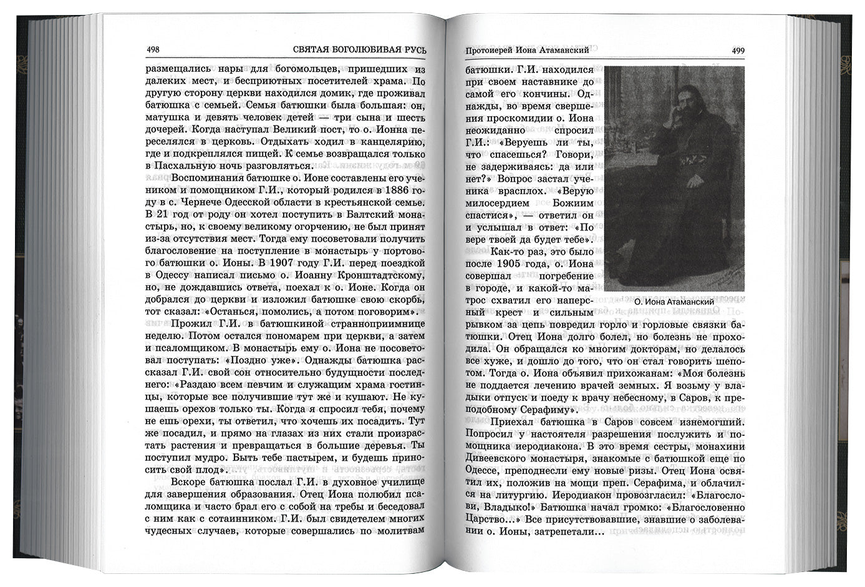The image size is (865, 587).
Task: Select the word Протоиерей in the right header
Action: point(493,50)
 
